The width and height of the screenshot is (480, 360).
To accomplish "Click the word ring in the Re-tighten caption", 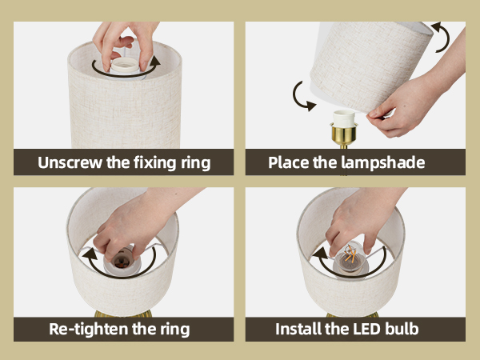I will coord(173,329).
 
